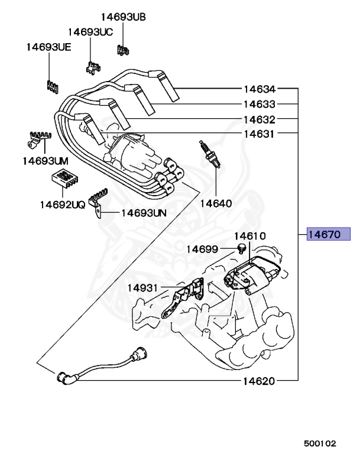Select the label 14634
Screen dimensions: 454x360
pyautogui.click(x=259, y=90)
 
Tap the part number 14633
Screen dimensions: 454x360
pyautogui.click(x=259, y=105)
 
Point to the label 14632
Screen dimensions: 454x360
pyautogui.click(x=259, y=119)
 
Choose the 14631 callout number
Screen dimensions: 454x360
pyautogui.click(x=259, y=134)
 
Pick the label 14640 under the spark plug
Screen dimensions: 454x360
pyautogui.click(x=216, y=203)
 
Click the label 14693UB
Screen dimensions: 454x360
pyautogui.click(x=122, y=17)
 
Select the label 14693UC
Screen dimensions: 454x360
pyautogui.click(x=90, y=32)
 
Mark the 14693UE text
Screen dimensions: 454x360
pyautogui.click(x=48, y=47)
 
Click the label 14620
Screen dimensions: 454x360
pyautogui.click(x=259, y=381)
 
